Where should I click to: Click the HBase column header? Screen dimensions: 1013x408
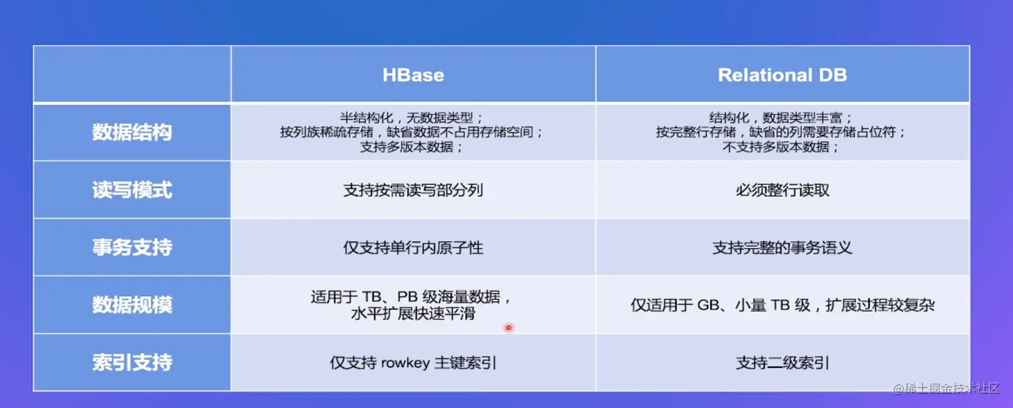[413, 75]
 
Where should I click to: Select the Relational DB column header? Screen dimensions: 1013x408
[782, 75]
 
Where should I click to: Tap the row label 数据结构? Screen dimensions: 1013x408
[132, 133]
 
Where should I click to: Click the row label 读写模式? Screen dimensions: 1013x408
[132, 190]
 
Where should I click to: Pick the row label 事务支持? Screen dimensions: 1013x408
[132, 247]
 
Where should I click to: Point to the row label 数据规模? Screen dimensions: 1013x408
[132, 305]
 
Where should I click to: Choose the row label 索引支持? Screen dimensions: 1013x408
[132, 362]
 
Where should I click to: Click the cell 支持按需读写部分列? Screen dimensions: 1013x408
[413, 190]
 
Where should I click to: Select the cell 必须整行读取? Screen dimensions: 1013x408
[783, 190]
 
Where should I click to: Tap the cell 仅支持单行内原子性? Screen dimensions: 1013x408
[413, 247]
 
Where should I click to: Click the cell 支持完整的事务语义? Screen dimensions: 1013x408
[783, 247]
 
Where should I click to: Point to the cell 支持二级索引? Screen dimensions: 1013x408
[783, 362]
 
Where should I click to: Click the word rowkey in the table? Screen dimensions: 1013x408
[405, 363]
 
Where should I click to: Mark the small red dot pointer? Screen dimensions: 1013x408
[509, 328]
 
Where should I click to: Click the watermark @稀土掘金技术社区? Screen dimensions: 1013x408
[947, 389]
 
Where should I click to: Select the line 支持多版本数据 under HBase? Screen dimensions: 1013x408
[412, 147]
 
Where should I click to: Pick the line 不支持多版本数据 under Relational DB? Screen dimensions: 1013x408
[781, 147]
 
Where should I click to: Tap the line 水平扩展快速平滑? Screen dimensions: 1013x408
[413, 313]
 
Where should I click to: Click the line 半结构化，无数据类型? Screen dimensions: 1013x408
[412, 118]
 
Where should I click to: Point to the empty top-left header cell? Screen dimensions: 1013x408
[132, 74]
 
